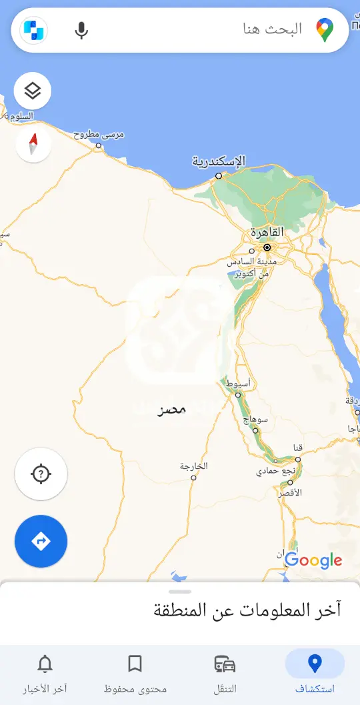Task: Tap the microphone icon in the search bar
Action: pos(81,31)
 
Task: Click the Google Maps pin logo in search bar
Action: pos(325,30)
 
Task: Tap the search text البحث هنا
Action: pos(271,29)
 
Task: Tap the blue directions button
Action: pos(41,541)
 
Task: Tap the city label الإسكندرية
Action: pos(219,161)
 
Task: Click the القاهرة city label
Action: pos(267,233)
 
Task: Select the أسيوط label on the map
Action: pos(238,384)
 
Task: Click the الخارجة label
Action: pos(194,466)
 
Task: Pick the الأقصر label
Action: pos(289,492)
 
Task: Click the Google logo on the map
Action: pos(313,561)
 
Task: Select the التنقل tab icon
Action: pos(225,664)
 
